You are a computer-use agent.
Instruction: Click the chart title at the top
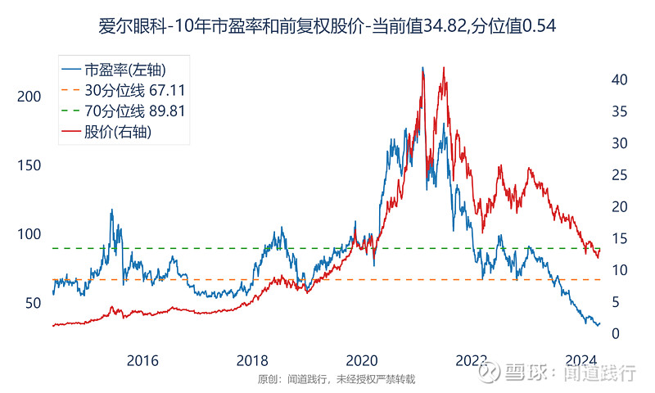pyautogui.click(x=327, y=25)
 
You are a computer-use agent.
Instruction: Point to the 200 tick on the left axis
pyautogui.click(x=29, y=97)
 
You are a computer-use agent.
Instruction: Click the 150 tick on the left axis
pyautogui.click(x=29, y=165)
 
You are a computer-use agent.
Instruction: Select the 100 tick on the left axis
pyautogui.click(x=29, y=234)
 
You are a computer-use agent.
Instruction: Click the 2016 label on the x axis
pyautogui.click(x=142, y=361)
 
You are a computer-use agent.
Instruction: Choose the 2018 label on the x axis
pyautogui.click(x=252, y=361)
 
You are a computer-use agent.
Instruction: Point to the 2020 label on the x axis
pyautogui.click(x=362, y=361)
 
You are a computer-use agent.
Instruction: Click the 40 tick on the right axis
pyautogui.click(x=620, y=79)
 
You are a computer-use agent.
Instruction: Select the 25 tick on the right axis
pyautogui.click(x=620, y=175)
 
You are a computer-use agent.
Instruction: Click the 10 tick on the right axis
pyautogui.click(x=620, y=270)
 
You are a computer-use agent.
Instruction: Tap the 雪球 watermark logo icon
pyautogui.click(x=490, y=373)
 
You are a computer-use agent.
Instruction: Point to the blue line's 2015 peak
pyautogui.click(x=111, y=210)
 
